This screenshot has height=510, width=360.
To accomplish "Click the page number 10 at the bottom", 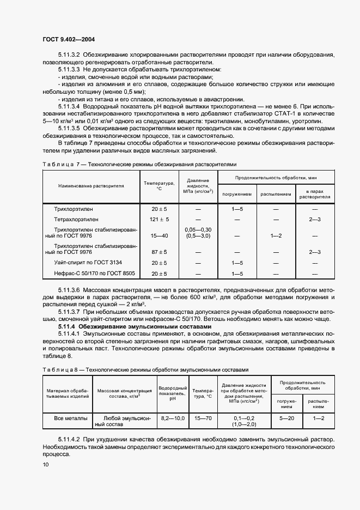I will [x=46, y=464].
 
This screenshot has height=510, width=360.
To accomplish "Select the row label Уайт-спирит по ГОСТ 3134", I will [x=87, y=263].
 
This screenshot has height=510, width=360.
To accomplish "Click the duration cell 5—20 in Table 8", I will [x=286, y=418].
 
